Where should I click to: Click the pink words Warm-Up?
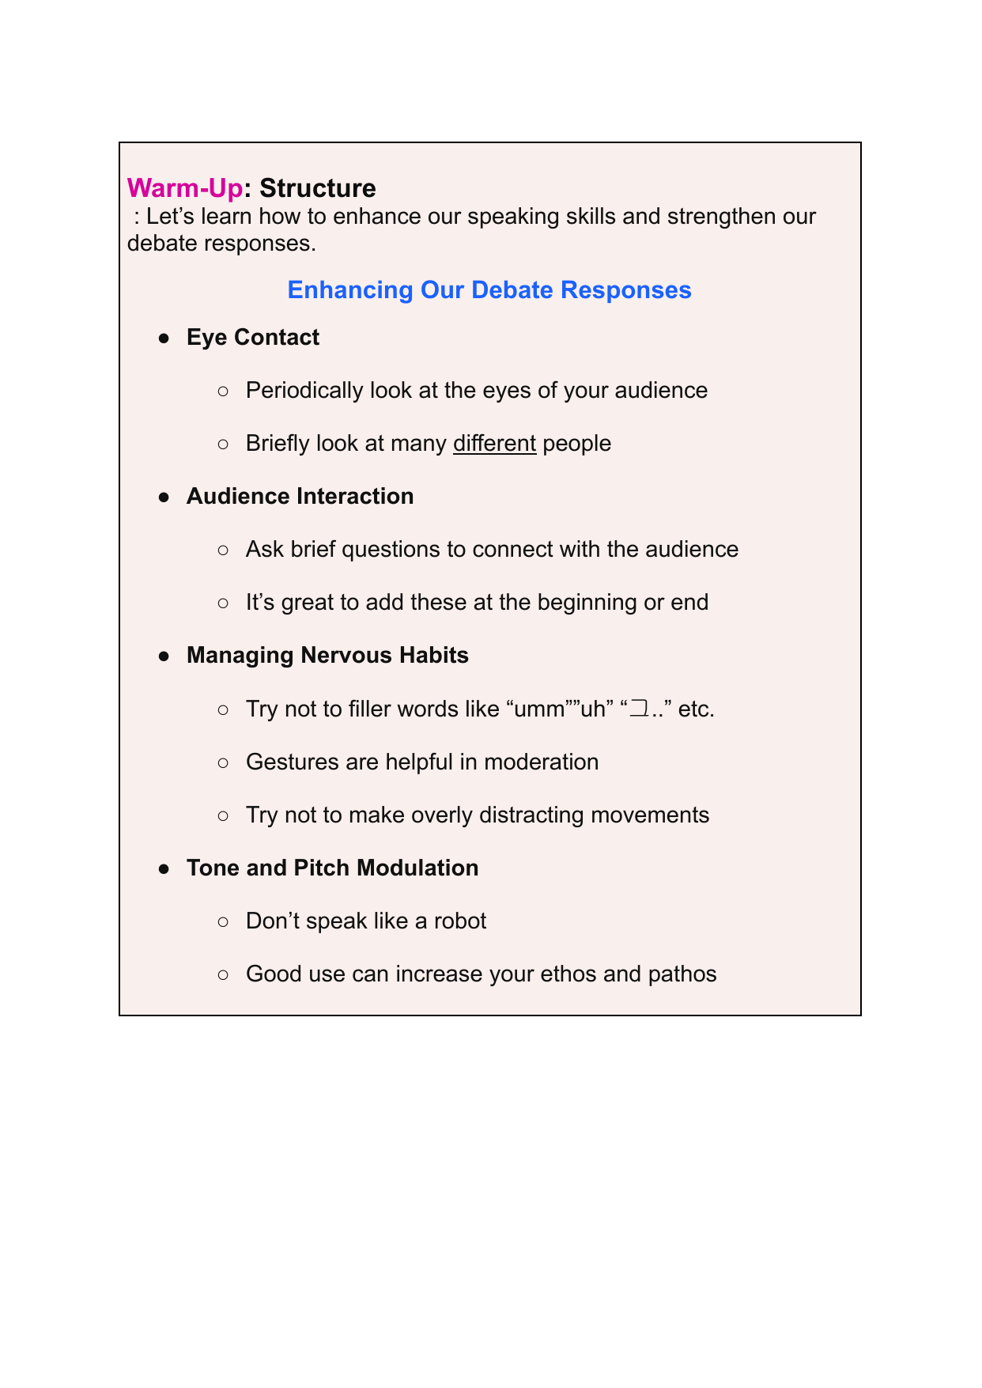point(184,188)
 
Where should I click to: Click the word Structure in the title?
point(317,188)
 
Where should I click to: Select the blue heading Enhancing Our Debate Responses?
point(489,290)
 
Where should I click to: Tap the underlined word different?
point(494,443)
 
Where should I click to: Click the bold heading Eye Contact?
point(253,338)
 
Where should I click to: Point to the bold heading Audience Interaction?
point(300,497)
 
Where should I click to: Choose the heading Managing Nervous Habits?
point(327,656)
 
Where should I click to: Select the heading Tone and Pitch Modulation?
point(332,868)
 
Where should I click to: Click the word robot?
point(460,921)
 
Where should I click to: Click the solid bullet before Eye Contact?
point(164,338)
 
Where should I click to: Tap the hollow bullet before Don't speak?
point(223,921)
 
